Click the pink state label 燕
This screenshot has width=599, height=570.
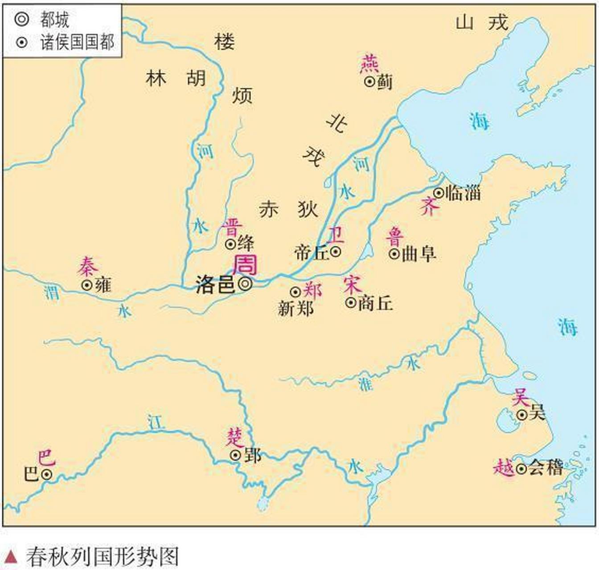pyautogui.click(x=369, y=64)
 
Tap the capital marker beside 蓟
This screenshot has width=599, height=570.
pyautogui.click(x=369, y=81)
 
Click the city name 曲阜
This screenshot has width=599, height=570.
pyautogui.click(x=418, y=254)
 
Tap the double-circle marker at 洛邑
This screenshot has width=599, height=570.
pyautogui.click(x=245, y=284)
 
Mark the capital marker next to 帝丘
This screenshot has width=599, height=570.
pyautogui.click(x=336, y=252)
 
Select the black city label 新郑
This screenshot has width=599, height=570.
pyautogui.click(x=295, y=308)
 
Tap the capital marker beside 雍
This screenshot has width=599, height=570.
pyautogui.click(x=87, y=285)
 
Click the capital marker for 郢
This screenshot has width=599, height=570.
pyautogui.click(x=235, y=455)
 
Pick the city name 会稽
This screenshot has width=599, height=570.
pyautogui.click(x=546, y=468)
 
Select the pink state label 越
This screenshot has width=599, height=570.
pyautogui.click(x=504, y=468)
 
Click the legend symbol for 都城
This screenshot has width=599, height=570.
pyautogui.click(x=21, y=19)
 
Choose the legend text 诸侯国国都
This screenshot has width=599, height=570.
pyautogui.click(x=77, y=42)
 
